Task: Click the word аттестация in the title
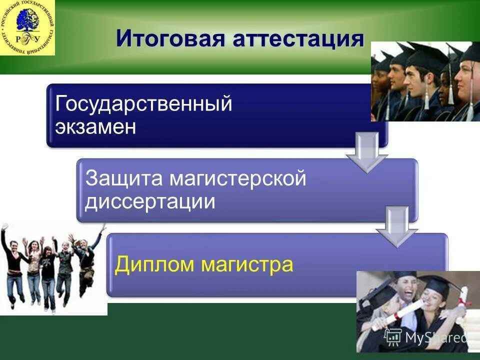(298, 38)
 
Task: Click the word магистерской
(237, 179)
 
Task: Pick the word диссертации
(150, 202)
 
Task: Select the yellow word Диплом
(154, 264)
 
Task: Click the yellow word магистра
(247, 264)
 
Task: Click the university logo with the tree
(27, 27)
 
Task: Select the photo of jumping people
(52, 267)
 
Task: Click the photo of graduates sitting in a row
(425, 81)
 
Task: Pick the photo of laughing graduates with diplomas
(418, 311)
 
